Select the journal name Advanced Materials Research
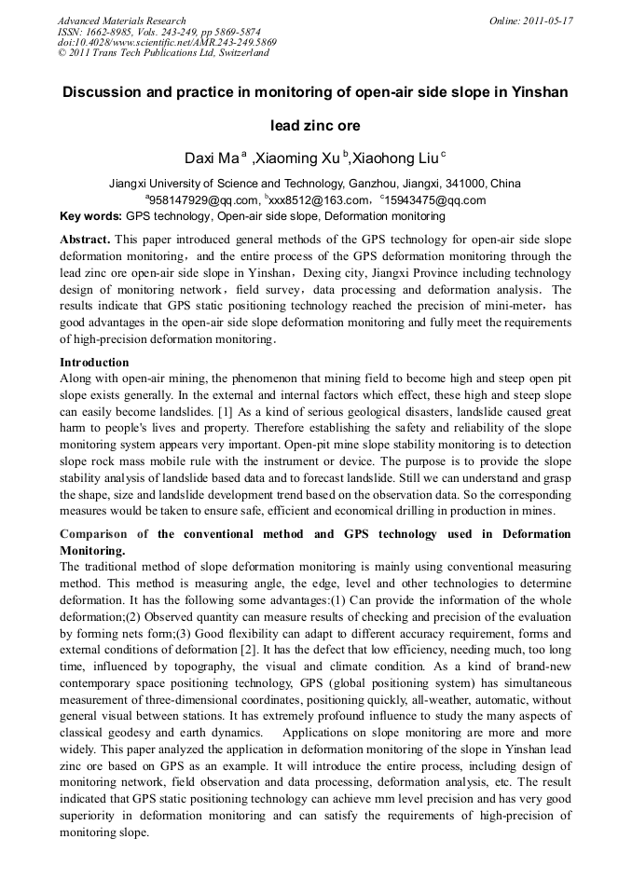(122, 21)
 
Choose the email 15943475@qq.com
(436, 199)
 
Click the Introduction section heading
(94, 362)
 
